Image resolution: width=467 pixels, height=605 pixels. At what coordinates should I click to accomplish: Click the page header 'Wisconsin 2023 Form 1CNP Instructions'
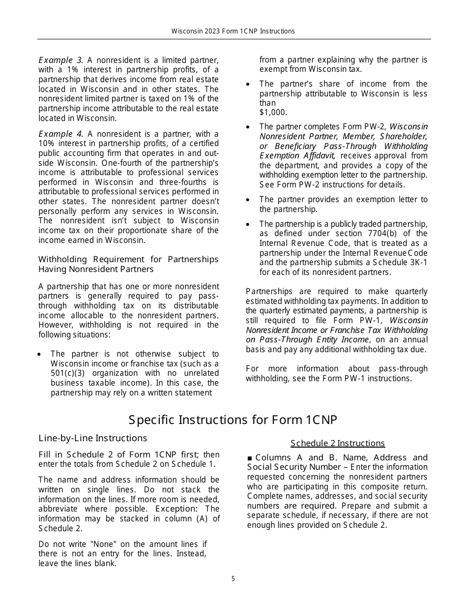(233, 31)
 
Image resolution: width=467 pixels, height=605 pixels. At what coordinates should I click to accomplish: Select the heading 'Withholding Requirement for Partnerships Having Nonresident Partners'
(128, 264)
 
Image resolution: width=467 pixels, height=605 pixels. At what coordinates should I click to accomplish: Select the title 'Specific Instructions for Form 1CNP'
(233, 420)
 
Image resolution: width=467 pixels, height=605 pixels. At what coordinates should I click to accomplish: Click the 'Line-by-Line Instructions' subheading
(93, 438)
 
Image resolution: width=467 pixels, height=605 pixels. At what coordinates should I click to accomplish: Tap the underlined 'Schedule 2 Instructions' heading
(338, 443)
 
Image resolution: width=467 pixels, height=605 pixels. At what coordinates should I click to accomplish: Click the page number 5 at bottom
(233, 579)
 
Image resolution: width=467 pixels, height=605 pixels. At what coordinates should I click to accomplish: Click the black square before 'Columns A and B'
(250, 458)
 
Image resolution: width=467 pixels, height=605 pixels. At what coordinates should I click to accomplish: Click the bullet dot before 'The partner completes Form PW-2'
(248, 127)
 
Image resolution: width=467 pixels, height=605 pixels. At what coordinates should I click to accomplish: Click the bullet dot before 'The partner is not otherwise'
(40, 354)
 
